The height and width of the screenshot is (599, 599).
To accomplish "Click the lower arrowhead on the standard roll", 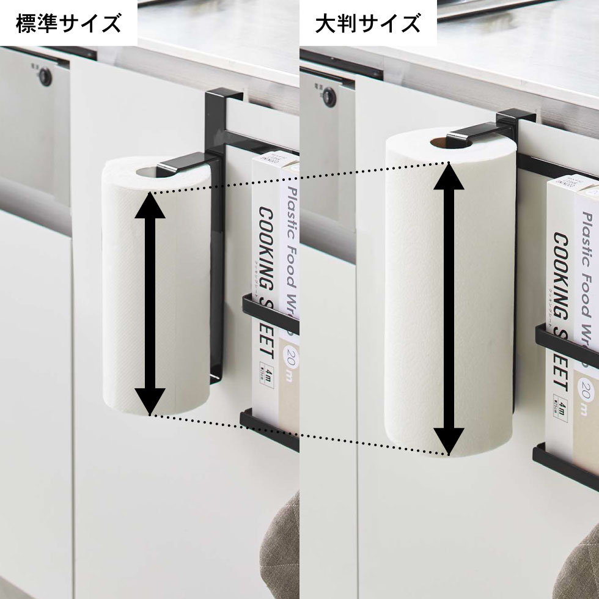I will pos(149,400).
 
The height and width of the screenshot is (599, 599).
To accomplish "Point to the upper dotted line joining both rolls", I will pos(299,177).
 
